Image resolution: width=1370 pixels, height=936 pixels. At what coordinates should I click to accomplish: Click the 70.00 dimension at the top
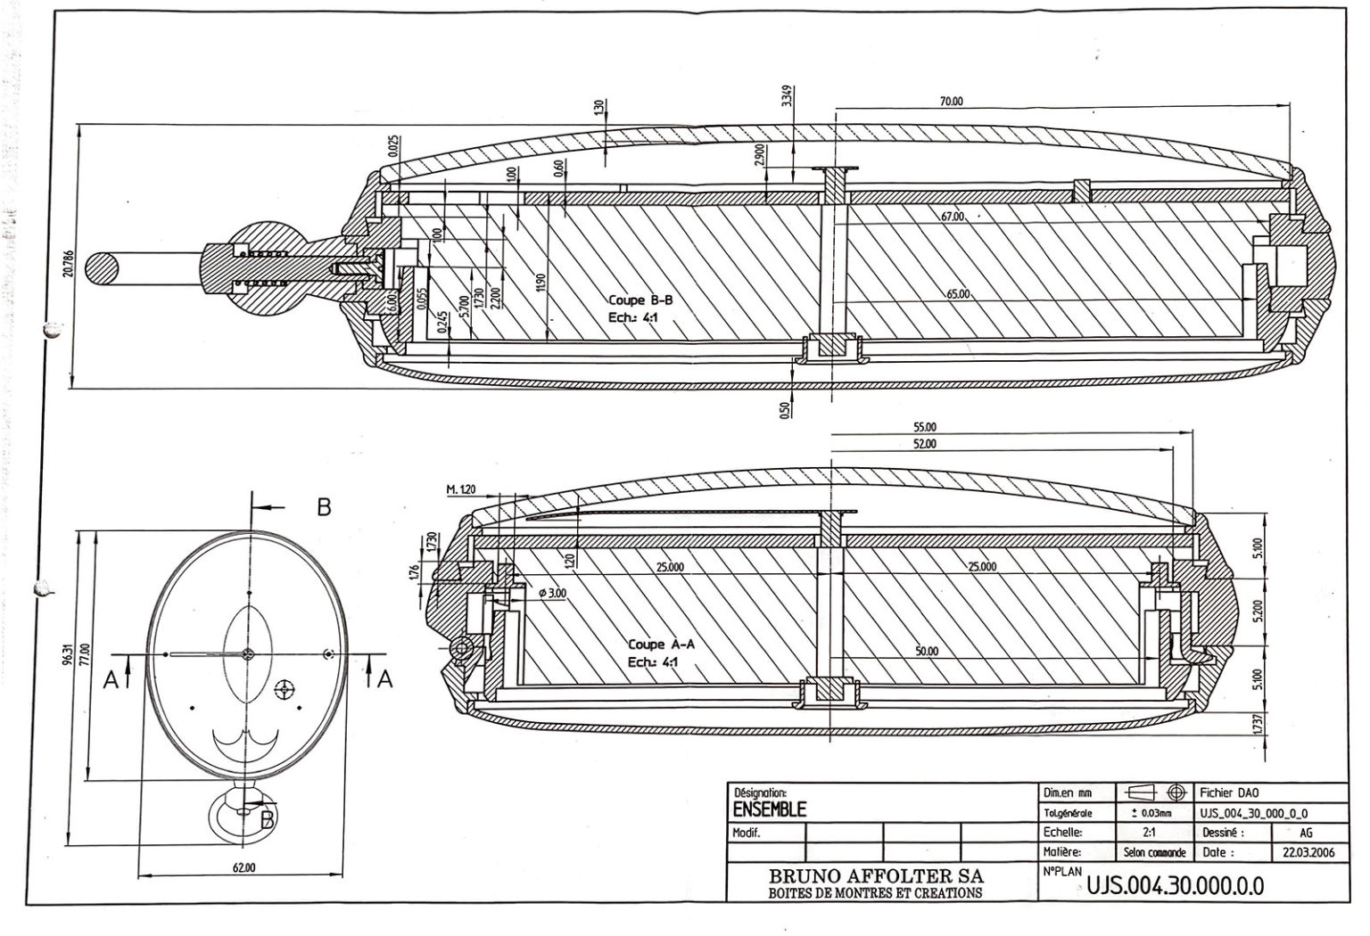tap(952, 102)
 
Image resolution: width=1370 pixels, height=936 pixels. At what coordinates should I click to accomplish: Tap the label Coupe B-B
tap(640, 300)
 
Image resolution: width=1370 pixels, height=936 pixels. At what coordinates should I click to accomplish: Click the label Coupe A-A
tap(661, 644)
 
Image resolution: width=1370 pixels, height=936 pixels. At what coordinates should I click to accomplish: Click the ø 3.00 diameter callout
tap(553, 593)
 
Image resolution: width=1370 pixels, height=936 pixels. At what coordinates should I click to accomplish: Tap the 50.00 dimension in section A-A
tap(928, 652)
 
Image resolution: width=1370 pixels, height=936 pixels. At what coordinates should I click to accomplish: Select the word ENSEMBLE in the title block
tap(769, 809)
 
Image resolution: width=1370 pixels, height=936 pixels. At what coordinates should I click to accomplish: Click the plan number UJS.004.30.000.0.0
tap(1176, 886)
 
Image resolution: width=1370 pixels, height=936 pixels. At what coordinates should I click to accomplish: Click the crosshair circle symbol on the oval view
tap(285, 689)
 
